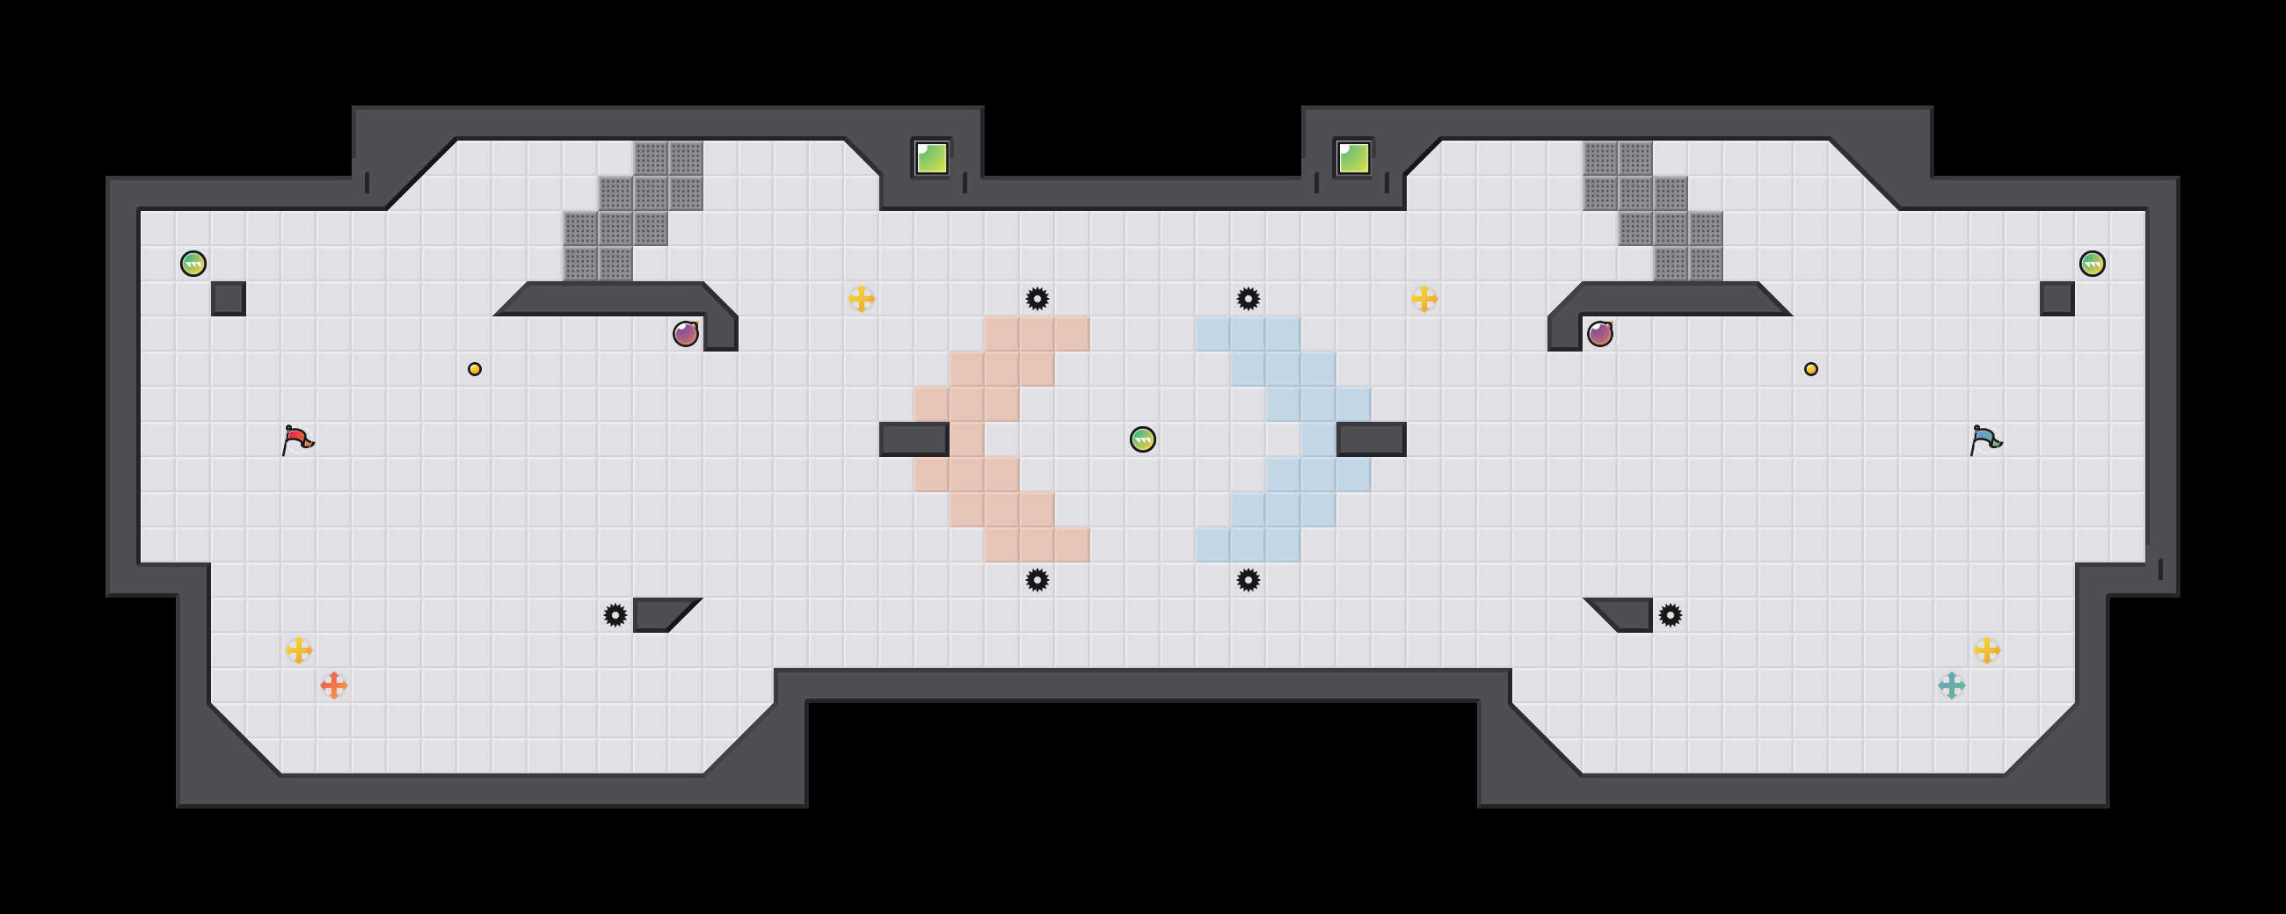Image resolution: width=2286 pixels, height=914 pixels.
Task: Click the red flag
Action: click(297, 439)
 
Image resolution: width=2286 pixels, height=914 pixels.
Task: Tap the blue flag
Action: click(1985, 439)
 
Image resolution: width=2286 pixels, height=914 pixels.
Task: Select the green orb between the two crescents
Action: click(1143, 439)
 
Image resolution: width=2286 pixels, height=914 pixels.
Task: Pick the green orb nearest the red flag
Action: click(193, 264)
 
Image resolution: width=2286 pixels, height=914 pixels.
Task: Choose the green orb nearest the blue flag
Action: click(2092, 264)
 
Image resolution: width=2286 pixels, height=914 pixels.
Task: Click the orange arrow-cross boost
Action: click(334, 685)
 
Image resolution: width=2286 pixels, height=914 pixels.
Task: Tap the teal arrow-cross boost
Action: click(1951, 685)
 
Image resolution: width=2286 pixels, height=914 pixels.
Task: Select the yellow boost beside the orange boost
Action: click(299, 650)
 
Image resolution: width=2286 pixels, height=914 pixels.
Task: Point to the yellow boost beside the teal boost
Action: click(1987, 650)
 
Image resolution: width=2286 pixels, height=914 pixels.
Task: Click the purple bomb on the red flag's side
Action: click(685, 334)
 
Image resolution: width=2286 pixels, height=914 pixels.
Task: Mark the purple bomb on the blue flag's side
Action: click(1599, 334)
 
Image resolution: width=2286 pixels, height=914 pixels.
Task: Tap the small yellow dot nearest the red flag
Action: click(475, 369)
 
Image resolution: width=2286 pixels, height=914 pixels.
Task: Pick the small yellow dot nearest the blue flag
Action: click(1811, 369)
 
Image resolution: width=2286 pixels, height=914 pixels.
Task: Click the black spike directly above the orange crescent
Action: click(1037, 299)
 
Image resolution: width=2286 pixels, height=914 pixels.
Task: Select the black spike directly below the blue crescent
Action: click(1249, 580)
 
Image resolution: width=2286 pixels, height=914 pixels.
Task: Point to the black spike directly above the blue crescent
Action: click(1249, 299)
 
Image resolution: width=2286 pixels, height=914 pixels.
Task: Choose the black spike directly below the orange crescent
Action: click(1037, 580)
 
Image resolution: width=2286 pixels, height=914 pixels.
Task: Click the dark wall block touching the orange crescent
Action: click(914, 439)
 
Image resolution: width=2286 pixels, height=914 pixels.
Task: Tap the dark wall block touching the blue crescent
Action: click(1371, 439)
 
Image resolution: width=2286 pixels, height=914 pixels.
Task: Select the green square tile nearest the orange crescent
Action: click(931, 159)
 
